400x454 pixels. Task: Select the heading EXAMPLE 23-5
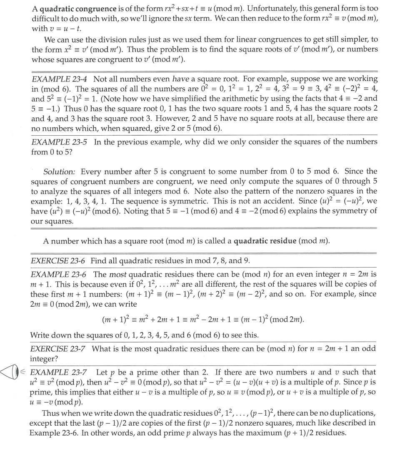tap(59, 142)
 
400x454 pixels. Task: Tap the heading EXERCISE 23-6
tap(58, 261)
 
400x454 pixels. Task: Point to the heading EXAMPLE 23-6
tap(59, 274)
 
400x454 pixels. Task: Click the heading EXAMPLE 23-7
tap(59, 372)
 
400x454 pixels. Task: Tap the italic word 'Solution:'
tap(60, 171)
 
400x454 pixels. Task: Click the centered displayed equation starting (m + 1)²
tap(202, 320)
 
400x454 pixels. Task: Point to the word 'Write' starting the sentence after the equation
tap(40, 335)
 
